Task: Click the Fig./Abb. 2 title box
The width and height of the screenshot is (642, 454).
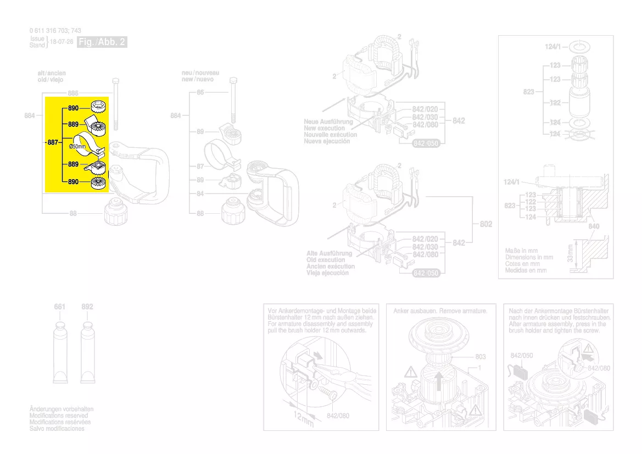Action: [x=102, y=42]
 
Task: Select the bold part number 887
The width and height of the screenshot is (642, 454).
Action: [x=53, y=142]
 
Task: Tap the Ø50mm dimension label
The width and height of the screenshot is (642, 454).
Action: [x=77, y=147]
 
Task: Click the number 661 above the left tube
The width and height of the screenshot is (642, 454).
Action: [x=60, y=307]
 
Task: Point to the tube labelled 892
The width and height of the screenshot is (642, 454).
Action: [x=87, y=355]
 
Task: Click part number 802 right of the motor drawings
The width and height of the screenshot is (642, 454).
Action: [x=486, y=224]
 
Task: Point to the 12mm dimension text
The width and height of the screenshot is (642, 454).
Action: [x=302, y=420]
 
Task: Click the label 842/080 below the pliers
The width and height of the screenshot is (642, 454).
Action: [x=338, y=416]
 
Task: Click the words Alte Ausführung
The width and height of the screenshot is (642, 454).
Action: [x=330, y=253]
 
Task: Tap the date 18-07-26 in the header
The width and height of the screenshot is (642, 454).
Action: [x=62, y=42]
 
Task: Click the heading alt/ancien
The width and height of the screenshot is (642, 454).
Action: [x=48, y=73]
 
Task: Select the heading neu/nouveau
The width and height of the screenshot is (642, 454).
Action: [x=200, y=73]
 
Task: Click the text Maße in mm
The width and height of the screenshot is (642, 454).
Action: [x=521, y=251]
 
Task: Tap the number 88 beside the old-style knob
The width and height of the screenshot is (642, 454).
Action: [x=73, y=214]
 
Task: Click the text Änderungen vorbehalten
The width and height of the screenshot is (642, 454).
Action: [x=61, y=409]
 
